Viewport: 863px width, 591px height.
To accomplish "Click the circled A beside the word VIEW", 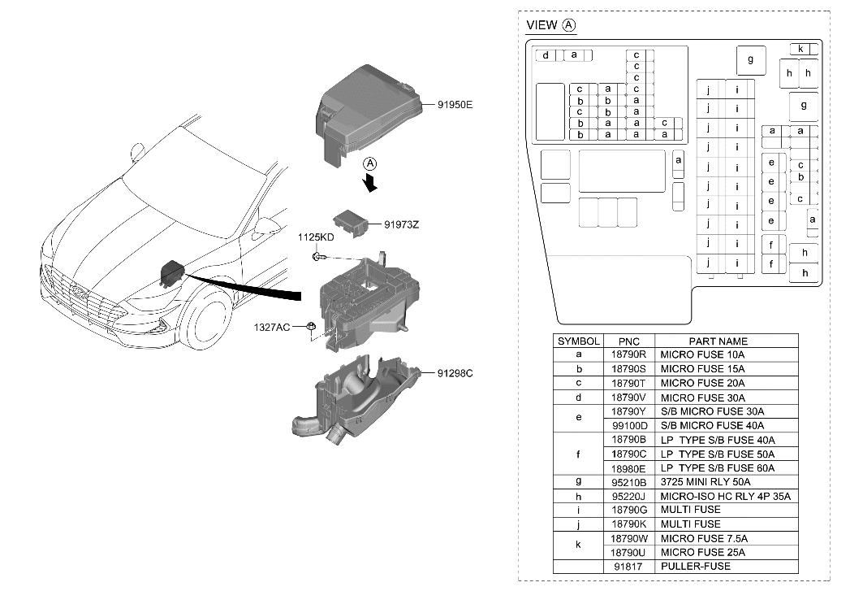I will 569,25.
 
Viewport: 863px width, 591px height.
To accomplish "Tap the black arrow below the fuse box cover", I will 372,185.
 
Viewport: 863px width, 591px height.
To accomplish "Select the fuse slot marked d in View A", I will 546,55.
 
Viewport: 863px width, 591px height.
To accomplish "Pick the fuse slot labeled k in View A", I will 800,49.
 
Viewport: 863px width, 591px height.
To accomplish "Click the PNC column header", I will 628,341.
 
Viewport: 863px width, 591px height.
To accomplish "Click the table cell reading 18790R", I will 628,355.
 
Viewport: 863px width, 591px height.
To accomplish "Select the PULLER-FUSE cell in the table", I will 695,566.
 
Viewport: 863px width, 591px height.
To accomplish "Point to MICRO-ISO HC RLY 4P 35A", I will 724,496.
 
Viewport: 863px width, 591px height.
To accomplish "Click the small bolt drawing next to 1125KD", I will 318,257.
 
